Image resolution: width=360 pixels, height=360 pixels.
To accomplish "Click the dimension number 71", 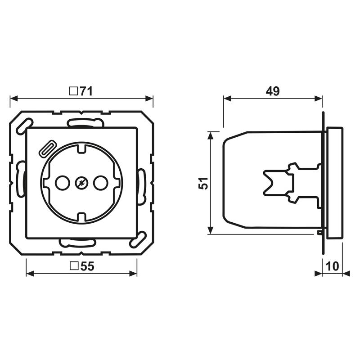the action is pos(86,91).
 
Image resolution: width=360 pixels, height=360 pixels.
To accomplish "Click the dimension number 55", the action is pos(87,266).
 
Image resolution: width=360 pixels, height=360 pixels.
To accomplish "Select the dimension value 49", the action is pos(273,91).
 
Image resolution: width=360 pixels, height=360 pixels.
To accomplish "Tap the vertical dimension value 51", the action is pos(203,183).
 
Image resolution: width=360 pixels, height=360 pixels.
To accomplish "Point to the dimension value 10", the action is pos(332,266).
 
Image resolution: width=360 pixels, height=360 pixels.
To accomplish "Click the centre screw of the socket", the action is pos(81,183).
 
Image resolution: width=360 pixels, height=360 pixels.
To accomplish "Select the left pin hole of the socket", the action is pos(63,183).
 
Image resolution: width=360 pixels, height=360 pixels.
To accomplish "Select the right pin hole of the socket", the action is pos(100,183).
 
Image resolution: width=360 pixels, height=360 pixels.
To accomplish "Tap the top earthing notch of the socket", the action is pos(81,149).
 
